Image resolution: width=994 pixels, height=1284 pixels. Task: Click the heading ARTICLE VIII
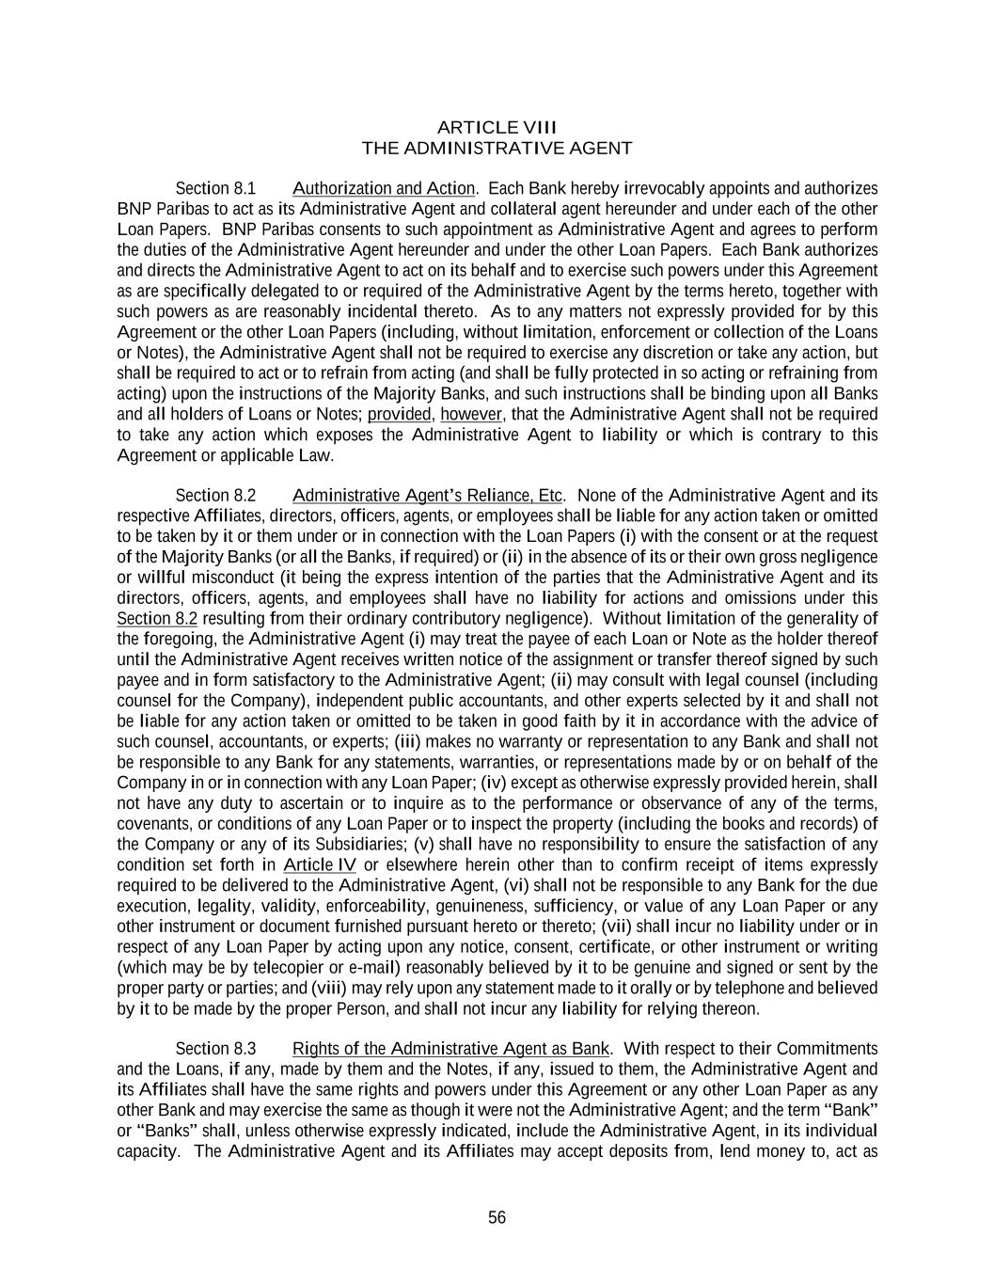click(497, 127)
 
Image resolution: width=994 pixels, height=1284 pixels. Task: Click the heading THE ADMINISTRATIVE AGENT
click(497, 148)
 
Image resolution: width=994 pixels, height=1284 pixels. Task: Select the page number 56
click(497, 1217)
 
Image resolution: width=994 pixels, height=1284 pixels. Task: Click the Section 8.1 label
click(215, 188)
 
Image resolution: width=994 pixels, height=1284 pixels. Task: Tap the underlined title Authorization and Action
click(384, 188)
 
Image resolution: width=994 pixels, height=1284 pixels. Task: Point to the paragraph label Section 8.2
click(215, 495)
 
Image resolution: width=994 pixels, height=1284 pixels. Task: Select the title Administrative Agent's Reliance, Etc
click(428, 495)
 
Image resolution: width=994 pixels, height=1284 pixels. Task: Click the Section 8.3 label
click(215, 1048)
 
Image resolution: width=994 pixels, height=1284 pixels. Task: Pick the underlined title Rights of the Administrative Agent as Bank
click(451, 1048)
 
